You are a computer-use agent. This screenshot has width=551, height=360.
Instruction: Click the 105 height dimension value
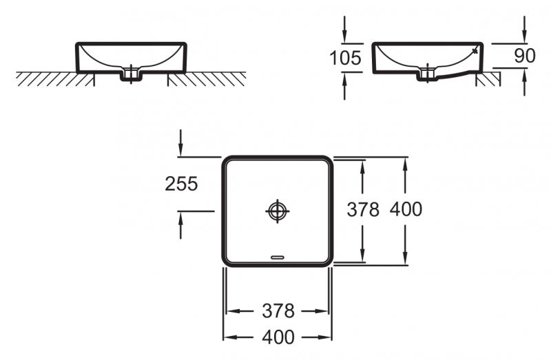coord(345,58)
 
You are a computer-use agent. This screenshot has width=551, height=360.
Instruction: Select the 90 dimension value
coord(525,56)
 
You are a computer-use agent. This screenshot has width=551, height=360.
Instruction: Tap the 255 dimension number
coord(181,184)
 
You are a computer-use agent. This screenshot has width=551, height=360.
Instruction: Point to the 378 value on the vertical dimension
coord(362,209)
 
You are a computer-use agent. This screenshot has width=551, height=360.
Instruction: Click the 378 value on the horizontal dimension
coord(278,311)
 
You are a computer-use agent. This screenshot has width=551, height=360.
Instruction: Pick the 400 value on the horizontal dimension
coord(278,337)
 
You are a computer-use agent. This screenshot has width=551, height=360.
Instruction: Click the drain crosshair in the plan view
coord(277,211)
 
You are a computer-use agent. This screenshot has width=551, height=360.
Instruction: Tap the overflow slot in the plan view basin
coord(278,257)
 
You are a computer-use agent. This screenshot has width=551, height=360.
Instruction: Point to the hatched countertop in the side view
coord(491,80)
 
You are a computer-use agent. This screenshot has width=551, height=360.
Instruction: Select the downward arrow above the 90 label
coord(525,30)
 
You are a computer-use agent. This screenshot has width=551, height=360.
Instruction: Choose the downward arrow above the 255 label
coord(180,143)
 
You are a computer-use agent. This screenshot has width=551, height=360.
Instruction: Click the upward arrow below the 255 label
coord(180,223)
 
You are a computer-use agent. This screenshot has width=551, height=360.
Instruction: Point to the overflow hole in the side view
coord(475,51)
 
